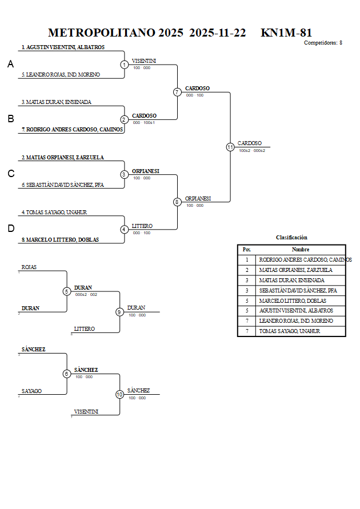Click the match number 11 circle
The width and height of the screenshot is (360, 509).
[230, 147]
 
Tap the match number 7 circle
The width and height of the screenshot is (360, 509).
[177, 92]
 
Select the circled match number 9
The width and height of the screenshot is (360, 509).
[119, 312]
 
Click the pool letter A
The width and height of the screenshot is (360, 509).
[10, 65]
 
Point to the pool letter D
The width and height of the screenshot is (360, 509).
[10, 229]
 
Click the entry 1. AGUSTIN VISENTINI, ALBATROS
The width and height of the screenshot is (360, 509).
[63, 47]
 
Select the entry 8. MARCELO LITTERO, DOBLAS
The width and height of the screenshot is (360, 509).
[60, 240]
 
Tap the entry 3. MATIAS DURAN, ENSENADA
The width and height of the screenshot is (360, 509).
[57, 102]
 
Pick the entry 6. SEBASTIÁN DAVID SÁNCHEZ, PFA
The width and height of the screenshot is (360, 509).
[63, 185]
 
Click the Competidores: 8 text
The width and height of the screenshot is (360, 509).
[323, 43]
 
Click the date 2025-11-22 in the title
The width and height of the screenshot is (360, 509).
[217, 33]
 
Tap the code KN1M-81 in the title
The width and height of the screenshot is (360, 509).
[286, 33]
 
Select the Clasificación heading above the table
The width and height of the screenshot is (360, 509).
[291, 237]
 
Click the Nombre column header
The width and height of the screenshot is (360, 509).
[300, 250]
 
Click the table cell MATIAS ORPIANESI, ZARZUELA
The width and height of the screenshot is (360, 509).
[295, 270]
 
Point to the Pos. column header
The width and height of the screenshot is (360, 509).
[246, 250]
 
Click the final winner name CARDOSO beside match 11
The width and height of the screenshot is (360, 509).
[250, 143]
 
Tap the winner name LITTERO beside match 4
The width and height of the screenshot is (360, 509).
[142, 226]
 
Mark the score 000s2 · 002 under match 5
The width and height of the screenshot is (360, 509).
[86, 295]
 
